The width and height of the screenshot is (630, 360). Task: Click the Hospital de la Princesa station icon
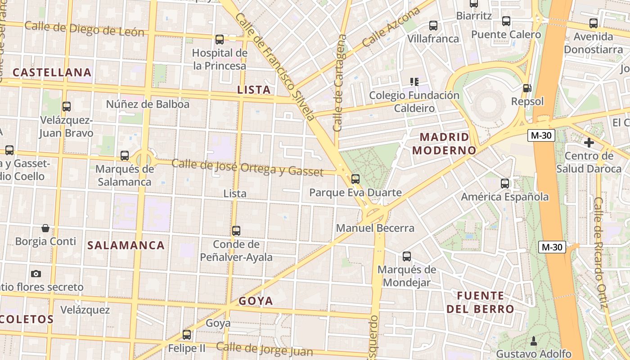220,40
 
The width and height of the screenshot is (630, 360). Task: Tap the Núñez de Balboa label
148,104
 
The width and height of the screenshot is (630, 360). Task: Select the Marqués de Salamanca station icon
125,156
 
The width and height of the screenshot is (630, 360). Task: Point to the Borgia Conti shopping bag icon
45,228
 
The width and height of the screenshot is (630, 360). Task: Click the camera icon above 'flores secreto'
36,274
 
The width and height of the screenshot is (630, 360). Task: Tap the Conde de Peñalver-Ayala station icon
236,231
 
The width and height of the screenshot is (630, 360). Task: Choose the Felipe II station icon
187,335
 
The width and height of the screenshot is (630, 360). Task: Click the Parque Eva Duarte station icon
355,179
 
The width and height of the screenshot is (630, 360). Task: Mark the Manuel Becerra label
375,228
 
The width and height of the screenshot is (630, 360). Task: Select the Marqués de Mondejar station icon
407,256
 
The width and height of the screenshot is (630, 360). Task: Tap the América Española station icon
505,184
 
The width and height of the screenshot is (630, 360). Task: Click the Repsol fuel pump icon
527,88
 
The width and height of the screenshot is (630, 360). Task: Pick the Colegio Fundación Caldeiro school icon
414,82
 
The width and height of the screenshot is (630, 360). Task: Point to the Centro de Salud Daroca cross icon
589,143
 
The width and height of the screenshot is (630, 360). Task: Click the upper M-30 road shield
541,135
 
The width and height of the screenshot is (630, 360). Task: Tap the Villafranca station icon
433,26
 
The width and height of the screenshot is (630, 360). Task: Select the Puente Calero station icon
506,21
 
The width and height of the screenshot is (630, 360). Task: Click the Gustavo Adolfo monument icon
534,340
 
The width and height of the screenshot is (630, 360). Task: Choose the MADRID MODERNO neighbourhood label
444,144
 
